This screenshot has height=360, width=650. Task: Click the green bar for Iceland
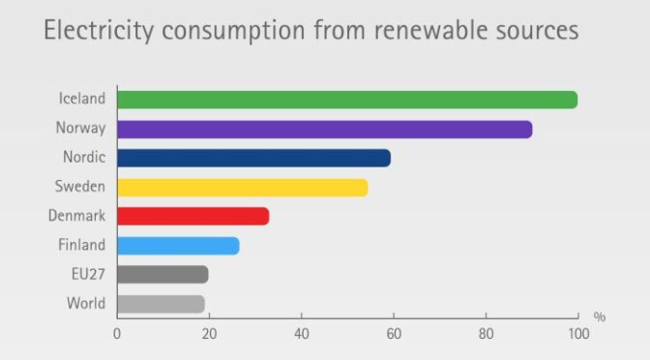[346, 100]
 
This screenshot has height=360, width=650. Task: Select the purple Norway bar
[324, 129]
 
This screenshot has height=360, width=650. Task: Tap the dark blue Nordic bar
[253, 158]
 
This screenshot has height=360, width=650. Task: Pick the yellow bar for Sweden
[242, 187]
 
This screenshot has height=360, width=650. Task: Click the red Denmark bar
[192, 216]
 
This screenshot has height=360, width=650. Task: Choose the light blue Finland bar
[178, 246]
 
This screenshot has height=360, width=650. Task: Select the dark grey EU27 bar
[162, 275]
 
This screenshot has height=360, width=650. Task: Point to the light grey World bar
[161, 304]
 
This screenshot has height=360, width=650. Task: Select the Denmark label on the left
[77, 216]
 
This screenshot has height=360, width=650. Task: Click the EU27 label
[88, 275]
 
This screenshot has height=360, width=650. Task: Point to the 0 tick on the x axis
[117, 334]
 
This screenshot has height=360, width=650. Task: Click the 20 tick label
[209, 334]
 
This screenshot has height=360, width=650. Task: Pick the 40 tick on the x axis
[301, 334]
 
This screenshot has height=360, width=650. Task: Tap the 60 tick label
[394, 334]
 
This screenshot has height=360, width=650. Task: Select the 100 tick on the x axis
[577, 334]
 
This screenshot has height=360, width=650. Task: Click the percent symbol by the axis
[600, 317]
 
